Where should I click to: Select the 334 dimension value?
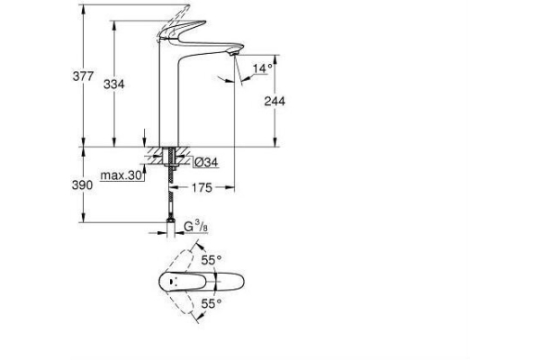pos(114,84)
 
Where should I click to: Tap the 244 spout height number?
pos(273,102)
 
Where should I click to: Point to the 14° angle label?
pos(262,68)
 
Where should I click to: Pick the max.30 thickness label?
pos(123,176)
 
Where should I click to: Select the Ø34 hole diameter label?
pos(206,162)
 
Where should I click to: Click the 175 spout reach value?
pos(201,187)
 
